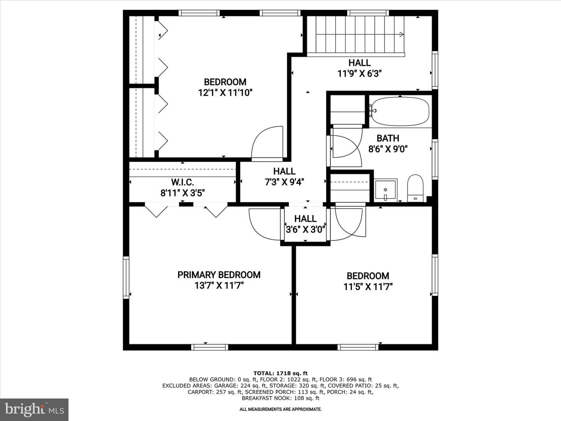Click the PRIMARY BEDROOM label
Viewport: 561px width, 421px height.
tap(219, 275)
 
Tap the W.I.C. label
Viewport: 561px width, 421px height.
tap(182, 182)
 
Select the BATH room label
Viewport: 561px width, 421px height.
tap(388, 138)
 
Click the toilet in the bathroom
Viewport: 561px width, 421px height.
tap(415, 188)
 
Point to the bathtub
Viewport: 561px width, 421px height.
tap(400, 111)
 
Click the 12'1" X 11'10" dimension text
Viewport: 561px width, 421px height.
tap(226, 92)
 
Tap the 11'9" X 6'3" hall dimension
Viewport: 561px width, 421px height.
tap(360, 74)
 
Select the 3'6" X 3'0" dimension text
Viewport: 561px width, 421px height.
tap(305, 230)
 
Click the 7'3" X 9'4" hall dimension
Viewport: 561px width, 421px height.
tap(284, 182)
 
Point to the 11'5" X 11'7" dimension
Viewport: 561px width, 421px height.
tap(368, 287)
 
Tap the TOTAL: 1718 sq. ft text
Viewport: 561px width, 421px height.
tap(280, 373)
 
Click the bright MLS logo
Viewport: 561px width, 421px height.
tap(34, 410)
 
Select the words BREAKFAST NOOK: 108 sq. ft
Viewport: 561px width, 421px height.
tap(280, 398)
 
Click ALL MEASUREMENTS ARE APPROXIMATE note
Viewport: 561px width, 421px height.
tap(280, 409)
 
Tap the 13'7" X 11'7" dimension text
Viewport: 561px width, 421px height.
tap(219, 285)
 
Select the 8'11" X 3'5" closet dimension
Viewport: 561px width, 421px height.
tap(182, 193)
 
